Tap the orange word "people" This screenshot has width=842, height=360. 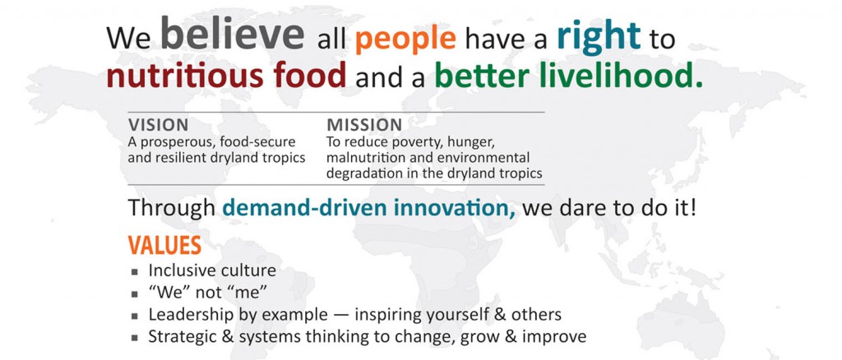coord(405,40)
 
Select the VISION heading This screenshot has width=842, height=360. coord(159,125)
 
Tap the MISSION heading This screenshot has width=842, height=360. coord(364,125)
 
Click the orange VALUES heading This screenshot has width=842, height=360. coord(164,245)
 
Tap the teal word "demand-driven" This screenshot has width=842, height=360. coord(306,208)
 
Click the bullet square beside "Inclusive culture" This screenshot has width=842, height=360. coord(135,271)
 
